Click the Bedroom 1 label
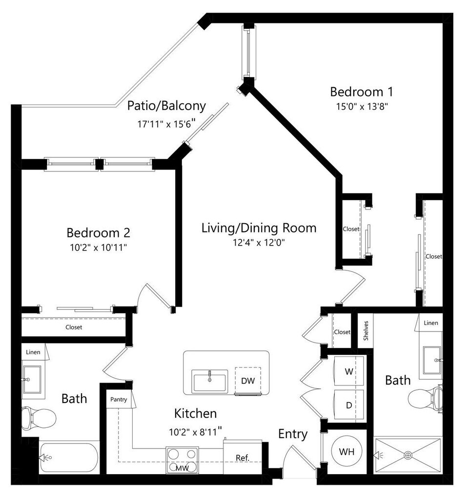[361, 92]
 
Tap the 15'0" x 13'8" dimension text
[361, 106]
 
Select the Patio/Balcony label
[166, 106]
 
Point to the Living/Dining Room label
[259, 228]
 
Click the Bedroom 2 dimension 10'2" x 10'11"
[98, 248]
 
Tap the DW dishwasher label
[248, 381]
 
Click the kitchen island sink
[210, 381]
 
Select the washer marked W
[348, 372]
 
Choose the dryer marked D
[348, 405]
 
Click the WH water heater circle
[346, 452]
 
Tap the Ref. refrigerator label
[243, 458]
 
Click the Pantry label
[119, 400]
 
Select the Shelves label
[365, 330]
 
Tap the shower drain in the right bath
[408, 455]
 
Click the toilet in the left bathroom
[39, 418]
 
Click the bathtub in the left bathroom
[68, 457]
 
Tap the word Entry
[293, 434]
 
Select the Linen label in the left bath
[34, 350]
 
